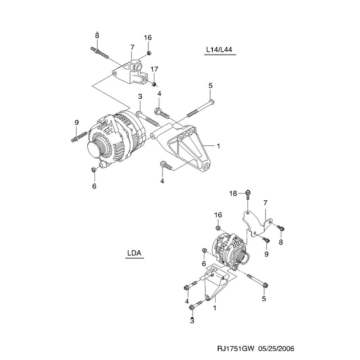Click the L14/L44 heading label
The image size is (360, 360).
click(x=219, y=49)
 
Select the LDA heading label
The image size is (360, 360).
click(x=134, y=253)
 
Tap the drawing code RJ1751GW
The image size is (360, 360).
click(x=236, y=349)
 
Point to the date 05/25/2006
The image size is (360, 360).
click(x=276, y=349)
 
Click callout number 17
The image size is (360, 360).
click(x=154, y=69)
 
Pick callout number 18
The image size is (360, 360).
click(x=233, y=193)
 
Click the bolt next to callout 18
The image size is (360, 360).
click(x=248, y=195)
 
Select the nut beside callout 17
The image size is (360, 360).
click(x=154, y=84)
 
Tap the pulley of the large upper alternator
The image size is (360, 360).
click(x=94, y=149)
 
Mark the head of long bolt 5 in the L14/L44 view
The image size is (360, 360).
click(x=212, y=102)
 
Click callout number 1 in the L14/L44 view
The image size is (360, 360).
click(x=218, y=146)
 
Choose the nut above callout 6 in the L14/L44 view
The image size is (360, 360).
click(x=94, y=170)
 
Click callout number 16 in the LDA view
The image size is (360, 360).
click(x=218, y=215)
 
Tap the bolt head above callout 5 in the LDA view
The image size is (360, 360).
click(x=265, y=285)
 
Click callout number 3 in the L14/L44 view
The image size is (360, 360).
click(x=140, y=96)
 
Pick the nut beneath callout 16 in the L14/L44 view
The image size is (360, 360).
click(x=148, y=53)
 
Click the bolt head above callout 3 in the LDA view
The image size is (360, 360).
click(x=192, y=307)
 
